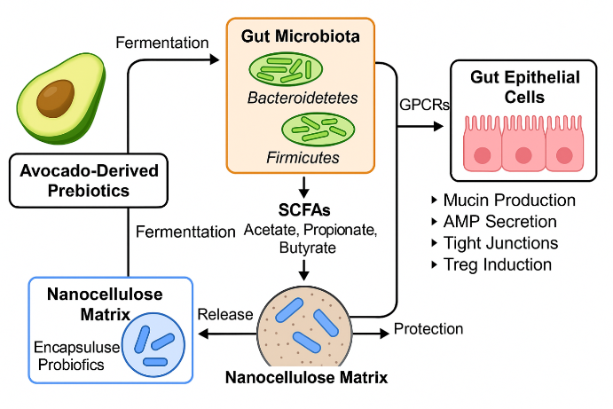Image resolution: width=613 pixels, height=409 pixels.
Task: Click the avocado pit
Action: pyautogui.click(x=56, y=97)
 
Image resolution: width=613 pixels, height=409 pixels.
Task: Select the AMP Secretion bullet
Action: pyautogui.click(x=499, y=222)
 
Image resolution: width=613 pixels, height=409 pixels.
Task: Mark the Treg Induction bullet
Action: pyautogui.click(x=497, y=264)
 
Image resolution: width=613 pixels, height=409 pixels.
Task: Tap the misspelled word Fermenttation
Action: pyautogui.click(x=185, y=232)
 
